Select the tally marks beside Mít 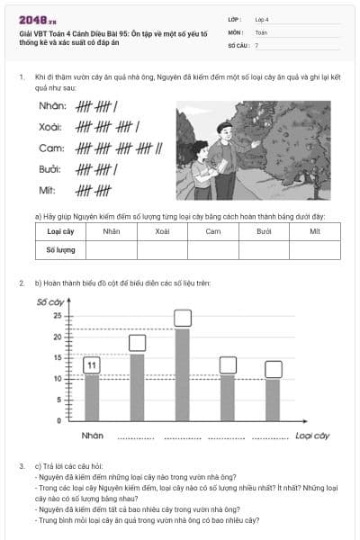tap(93, 189)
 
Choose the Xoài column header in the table tap(162, 231)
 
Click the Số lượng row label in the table tap(60, 249)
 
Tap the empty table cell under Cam tap(213, 249)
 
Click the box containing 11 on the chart tap(91, 365)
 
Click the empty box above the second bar tap(138, 343)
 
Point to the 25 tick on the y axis tap(57, 316)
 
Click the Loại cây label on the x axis tap(312, 436)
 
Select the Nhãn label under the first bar tap(92, 436)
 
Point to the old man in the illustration tap(226, 157)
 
